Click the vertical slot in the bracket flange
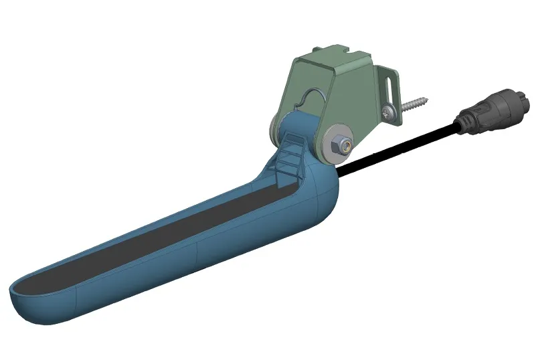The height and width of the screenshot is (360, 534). point(387,87)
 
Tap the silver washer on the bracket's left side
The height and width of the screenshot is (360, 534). point(274,130)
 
